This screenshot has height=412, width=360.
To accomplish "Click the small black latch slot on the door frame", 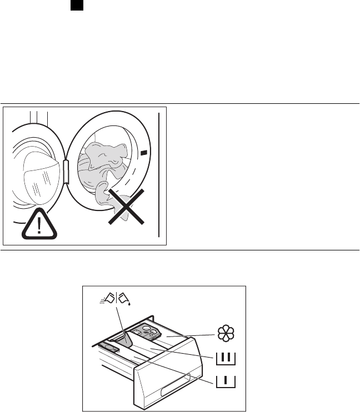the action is click(x=143, y=152).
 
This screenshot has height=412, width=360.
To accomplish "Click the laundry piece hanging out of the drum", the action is click(x=106, y=194).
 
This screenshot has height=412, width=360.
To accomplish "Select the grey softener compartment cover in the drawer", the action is click(x=149, y=331).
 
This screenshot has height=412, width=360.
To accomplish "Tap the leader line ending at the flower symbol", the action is click(x=194, y=336).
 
